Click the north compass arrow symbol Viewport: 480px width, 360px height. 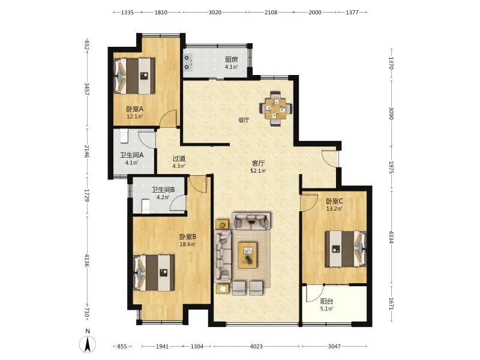88,344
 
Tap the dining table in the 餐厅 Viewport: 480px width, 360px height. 276,109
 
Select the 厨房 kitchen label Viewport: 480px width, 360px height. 232,59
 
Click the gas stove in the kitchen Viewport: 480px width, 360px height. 188,62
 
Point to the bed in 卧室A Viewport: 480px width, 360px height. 134,76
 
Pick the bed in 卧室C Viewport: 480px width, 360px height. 346,249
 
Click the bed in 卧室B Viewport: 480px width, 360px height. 154,272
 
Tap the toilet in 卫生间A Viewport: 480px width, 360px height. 124,136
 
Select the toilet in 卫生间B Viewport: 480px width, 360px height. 146,206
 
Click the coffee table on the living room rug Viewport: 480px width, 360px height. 247,255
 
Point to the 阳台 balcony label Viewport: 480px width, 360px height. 326,301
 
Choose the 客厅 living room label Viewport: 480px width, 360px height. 258,163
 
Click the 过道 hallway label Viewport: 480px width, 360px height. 179,158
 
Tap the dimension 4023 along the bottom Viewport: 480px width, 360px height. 256,346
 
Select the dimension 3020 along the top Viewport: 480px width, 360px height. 215,12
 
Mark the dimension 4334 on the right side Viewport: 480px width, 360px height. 391,237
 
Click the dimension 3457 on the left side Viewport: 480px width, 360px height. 87,89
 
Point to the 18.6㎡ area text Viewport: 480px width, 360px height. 187,244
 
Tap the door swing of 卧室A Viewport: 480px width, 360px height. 168,118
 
